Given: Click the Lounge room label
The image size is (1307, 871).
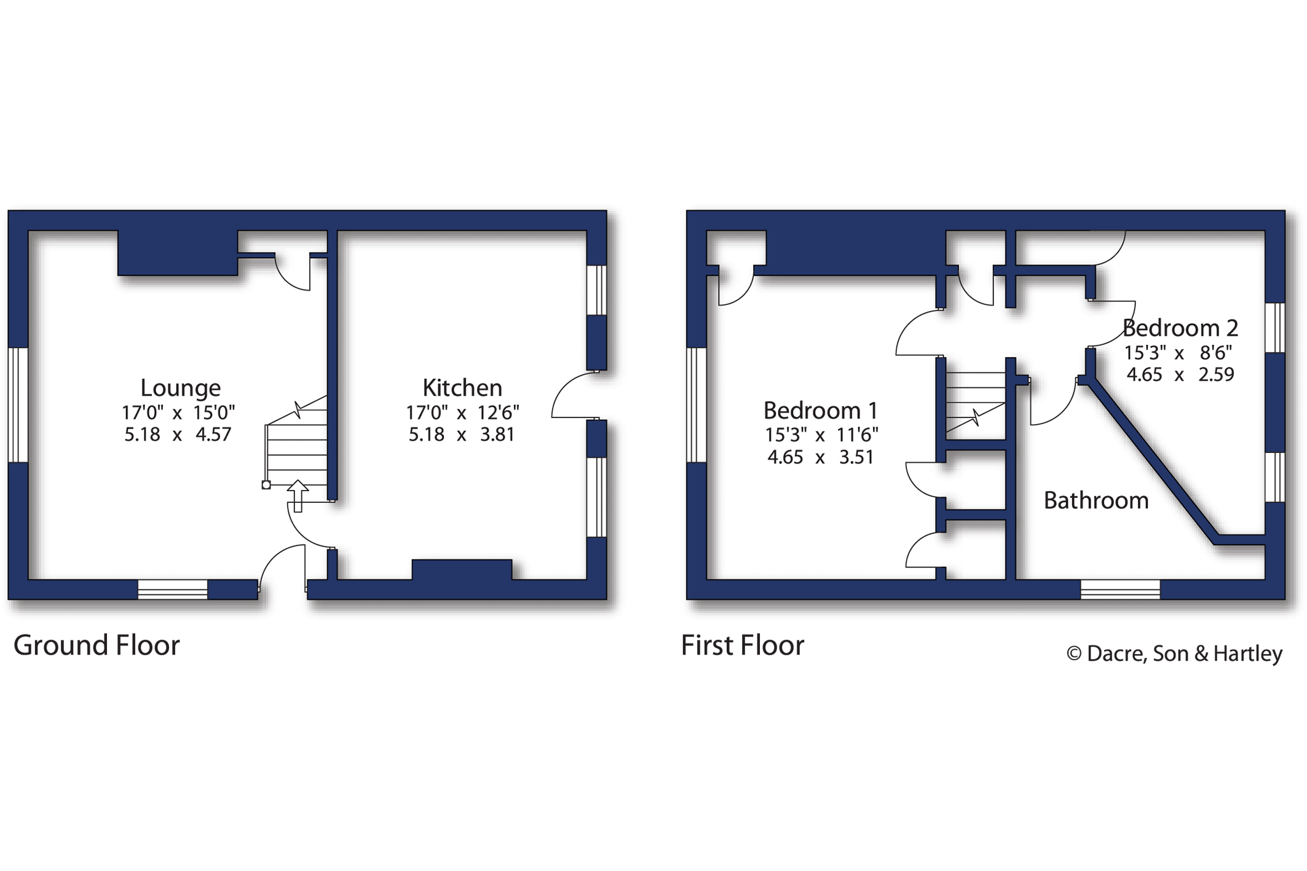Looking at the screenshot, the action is [180, 388].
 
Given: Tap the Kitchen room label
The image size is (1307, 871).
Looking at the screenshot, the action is [462, 388].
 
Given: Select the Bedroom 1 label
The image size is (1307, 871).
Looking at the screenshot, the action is [821, 410].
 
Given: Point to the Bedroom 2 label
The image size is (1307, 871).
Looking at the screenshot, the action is [1180, 328].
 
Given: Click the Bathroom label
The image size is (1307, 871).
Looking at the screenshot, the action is [1096, 500].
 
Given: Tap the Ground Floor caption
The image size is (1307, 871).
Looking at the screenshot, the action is [97, 645].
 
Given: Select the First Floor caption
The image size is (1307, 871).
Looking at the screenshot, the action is [743, 645].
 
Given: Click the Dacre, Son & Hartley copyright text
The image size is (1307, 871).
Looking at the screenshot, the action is [1175, 653].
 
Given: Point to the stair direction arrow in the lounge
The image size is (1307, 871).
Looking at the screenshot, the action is [298, 495].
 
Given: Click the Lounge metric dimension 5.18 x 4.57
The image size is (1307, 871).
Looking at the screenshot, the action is [178, 435].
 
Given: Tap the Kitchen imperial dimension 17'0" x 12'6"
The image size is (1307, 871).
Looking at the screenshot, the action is [462, 412].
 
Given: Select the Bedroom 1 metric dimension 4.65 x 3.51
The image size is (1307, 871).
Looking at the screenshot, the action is [821, 457].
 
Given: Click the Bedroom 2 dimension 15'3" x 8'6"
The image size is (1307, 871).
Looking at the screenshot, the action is [1179, 353].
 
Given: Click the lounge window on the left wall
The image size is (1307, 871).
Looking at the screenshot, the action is [18, 405].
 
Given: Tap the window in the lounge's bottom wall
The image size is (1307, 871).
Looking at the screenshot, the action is [173, 589].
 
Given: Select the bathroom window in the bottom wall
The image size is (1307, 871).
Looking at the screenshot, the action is [1121, 589].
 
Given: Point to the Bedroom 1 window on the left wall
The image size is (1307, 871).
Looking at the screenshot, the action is [697, 405].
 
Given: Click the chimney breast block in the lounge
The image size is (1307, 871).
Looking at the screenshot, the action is [178, 253].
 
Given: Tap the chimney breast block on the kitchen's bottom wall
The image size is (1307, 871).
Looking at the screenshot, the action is [462, 570].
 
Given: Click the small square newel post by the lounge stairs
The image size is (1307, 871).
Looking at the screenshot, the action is [266, 485].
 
